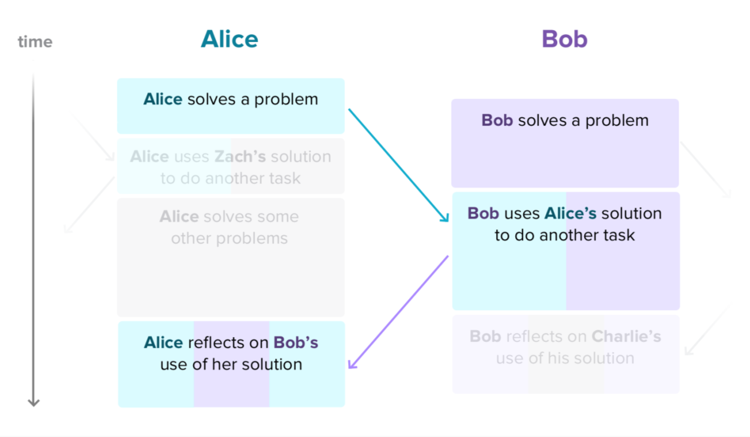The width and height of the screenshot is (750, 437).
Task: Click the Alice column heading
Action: [x=229, y=40]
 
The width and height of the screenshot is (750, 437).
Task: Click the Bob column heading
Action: [x=564, y=40]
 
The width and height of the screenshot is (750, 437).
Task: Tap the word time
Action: [x=35, y=42]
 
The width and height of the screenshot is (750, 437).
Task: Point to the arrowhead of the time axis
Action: [x=34, y=402]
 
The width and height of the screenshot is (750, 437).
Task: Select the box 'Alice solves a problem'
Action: [x=231, y=106]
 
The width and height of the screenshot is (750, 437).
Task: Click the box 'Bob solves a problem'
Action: [x=565, y=143]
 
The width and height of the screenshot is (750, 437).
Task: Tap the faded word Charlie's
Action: [x=626, y=336]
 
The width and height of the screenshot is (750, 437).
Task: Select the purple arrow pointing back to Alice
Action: [x=398, y=312]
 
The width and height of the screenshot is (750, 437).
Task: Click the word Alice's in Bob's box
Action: [x=570, y=214]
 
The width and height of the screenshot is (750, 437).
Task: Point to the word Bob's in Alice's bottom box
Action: [x=296, y=342]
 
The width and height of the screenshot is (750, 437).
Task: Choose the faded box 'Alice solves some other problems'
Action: [x=231, y=257]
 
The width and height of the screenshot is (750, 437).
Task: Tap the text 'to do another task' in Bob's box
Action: [x=564, y=235]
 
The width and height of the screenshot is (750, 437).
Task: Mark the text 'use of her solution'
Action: [x=231, y=364]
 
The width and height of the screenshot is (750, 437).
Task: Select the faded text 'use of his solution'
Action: [x=565, y=358]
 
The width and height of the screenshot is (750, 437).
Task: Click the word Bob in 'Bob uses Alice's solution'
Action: [x=483, y=214]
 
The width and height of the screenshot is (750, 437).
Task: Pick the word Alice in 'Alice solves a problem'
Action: [x=163, y=99]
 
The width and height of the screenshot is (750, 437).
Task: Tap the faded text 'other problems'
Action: [x=229, y=238]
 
